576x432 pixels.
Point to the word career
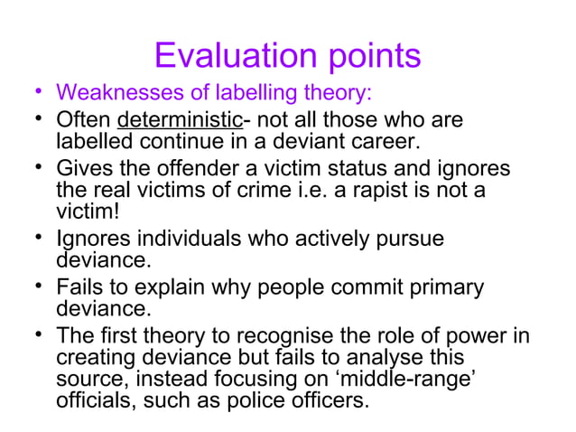point(396,142)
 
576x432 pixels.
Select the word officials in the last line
point(96,399)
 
